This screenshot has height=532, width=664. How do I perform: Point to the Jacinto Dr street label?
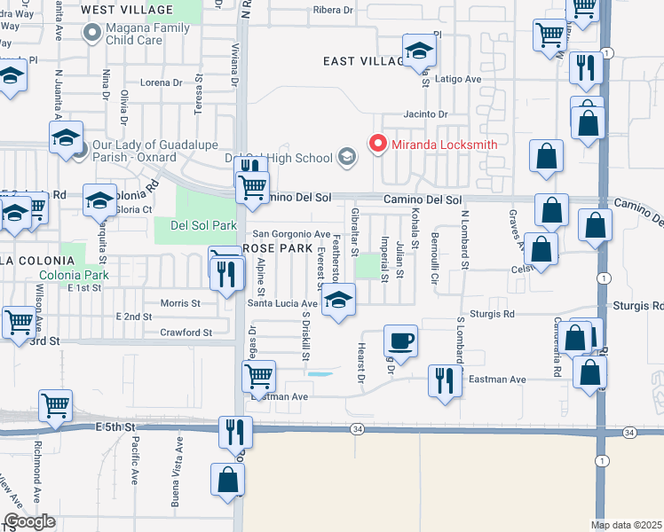click(x=425, y=114)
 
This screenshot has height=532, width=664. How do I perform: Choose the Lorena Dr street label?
click(x=161, y=82)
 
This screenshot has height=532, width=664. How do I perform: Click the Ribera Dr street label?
click(x=333, y=11)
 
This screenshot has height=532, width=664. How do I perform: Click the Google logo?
click(x=29, y=521)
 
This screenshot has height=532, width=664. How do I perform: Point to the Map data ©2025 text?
click(x=627, y=525)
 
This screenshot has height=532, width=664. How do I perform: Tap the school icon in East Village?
click(x=418, y=51)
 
